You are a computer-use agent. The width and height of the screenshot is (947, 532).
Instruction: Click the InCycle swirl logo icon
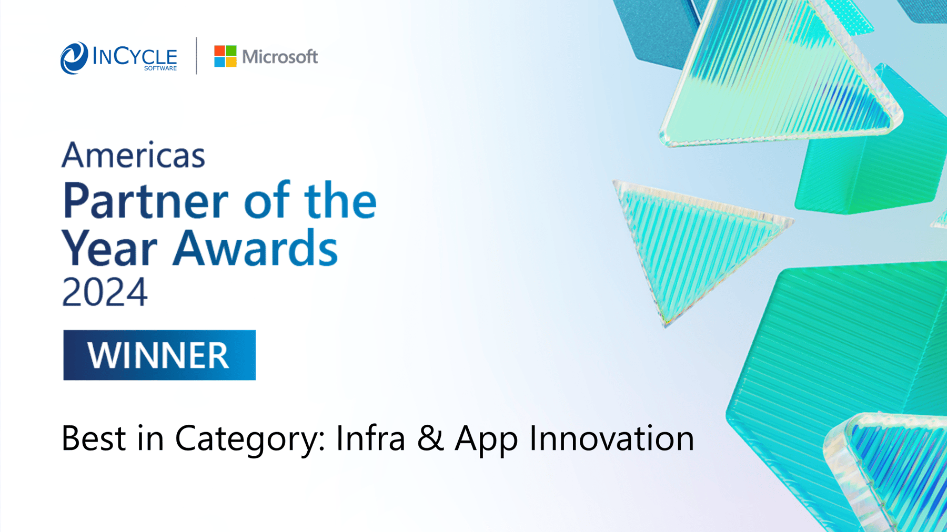[74, 58]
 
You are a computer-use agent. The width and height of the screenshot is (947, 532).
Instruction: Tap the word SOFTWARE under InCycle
[160, 68]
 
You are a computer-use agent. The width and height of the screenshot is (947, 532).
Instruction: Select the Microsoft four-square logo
[225, 56]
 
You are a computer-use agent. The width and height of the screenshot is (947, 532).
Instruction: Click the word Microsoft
[280, 57]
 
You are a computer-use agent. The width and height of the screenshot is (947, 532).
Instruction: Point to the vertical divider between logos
[196, 56]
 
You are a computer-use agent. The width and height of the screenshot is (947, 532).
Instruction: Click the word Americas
[133, 155]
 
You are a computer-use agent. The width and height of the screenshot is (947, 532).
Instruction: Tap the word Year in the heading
[109, 248]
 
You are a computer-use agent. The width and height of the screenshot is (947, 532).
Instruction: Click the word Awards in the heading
[256, 248]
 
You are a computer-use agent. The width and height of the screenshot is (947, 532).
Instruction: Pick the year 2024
[105, 292]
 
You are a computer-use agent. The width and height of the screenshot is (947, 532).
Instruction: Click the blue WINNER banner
[159, 355]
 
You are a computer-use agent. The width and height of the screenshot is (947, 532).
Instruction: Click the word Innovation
[611, 438]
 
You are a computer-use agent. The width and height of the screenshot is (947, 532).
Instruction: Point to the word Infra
[370, 437]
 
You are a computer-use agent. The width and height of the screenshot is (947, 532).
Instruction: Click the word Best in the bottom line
[94, 438]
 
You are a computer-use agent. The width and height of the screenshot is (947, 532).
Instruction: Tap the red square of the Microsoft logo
[219, 50]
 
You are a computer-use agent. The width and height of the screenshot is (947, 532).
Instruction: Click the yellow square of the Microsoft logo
[231, 62]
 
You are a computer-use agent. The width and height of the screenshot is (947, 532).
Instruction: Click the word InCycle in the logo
[135, 56]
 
